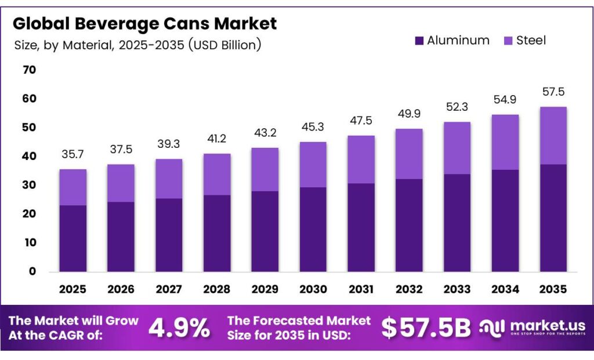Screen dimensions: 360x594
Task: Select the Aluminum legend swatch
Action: (419, 41)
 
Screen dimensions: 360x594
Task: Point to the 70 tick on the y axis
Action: (29, 70)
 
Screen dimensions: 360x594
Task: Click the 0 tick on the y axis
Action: (32, 271)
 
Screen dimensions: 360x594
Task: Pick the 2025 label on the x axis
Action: (73, 289)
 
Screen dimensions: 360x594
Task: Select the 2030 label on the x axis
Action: (313, 289)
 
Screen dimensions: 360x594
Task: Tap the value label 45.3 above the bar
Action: (313, 128)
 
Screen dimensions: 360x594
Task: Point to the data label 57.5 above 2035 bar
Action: (553, 92)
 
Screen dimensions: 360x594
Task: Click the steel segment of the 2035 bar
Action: (553, 136)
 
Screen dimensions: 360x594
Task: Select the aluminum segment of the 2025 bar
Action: (73, 238)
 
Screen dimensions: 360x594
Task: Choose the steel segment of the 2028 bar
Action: (217, 174)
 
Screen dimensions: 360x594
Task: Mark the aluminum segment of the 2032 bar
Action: (409, 225)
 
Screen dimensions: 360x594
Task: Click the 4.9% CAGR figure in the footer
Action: (179, 329)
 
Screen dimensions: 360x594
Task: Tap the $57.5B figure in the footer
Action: (426, 329)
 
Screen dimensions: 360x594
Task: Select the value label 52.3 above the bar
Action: (457, 108)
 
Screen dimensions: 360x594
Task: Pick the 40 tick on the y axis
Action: (29, 157)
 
